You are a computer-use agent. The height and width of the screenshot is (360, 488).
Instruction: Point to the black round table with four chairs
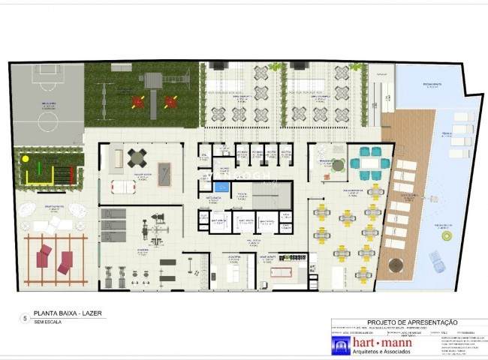point(139,158)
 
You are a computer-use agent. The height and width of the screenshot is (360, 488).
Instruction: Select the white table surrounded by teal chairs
point(369,162)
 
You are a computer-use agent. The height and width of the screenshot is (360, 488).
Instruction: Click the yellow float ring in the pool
point(448,236)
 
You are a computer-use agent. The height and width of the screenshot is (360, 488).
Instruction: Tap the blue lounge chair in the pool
point(436,261)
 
